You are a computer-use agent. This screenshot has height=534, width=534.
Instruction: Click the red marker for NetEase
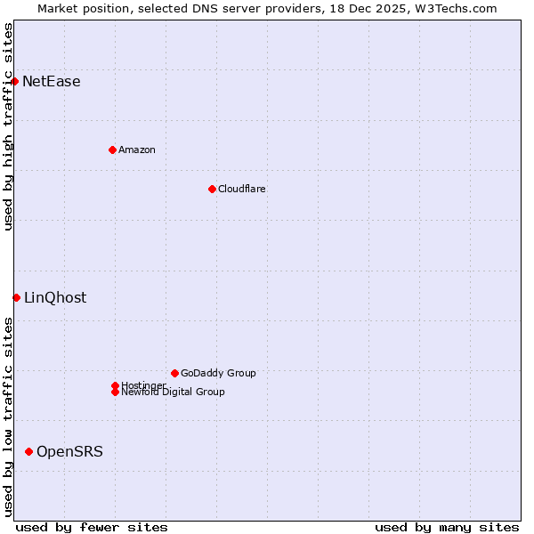(x=15, y=81)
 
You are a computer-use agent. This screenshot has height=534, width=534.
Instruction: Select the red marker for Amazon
(x=112, y=150)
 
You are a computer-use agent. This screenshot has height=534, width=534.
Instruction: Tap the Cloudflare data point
(x=212, y=189)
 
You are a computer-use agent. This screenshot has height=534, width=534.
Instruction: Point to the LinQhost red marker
(x=17, y=297)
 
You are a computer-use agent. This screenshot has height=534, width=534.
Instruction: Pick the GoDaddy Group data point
(x=174, y=373)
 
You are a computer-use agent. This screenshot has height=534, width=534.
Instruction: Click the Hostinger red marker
(x=115, y=385)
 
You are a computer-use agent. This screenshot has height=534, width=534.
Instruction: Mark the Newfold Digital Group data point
(x=115, y=392)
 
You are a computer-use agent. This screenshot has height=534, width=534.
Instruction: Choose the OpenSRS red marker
(x=29, y=451)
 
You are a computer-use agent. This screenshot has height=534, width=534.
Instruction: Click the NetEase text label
(x=52, y=82)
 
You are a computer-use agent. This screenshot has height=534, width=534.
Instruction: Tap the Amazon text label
(x=137, y=150)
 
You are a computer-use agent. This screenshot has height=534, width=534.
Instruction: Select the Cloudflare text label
(x=242, y=189)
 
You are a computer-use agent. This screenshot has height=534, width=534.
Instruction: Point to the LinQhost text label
(x=55, y=298)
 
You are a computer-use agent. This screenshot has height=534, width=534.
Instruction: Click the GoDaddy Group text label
(x=218, y=373)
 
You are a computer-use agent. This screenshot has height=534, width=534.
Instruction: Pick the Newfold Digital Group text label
(x=174, y=392)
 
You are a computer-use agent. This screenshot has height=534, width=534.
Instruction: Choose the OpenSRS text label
(x=69, y=452)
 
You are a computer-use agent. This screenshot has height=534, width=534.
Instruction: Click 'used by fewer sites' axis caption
(x=92, y=527)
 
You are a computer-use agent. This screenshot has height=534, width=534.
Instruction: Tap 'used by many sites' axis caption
(x=447, y=527)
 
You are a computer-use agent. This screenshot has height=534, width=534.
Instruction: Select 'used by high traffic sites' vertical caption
(x=8, y=126)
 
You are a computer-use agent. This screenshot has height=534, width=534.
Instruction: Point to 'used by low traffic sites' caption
(x=8, y=417)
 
